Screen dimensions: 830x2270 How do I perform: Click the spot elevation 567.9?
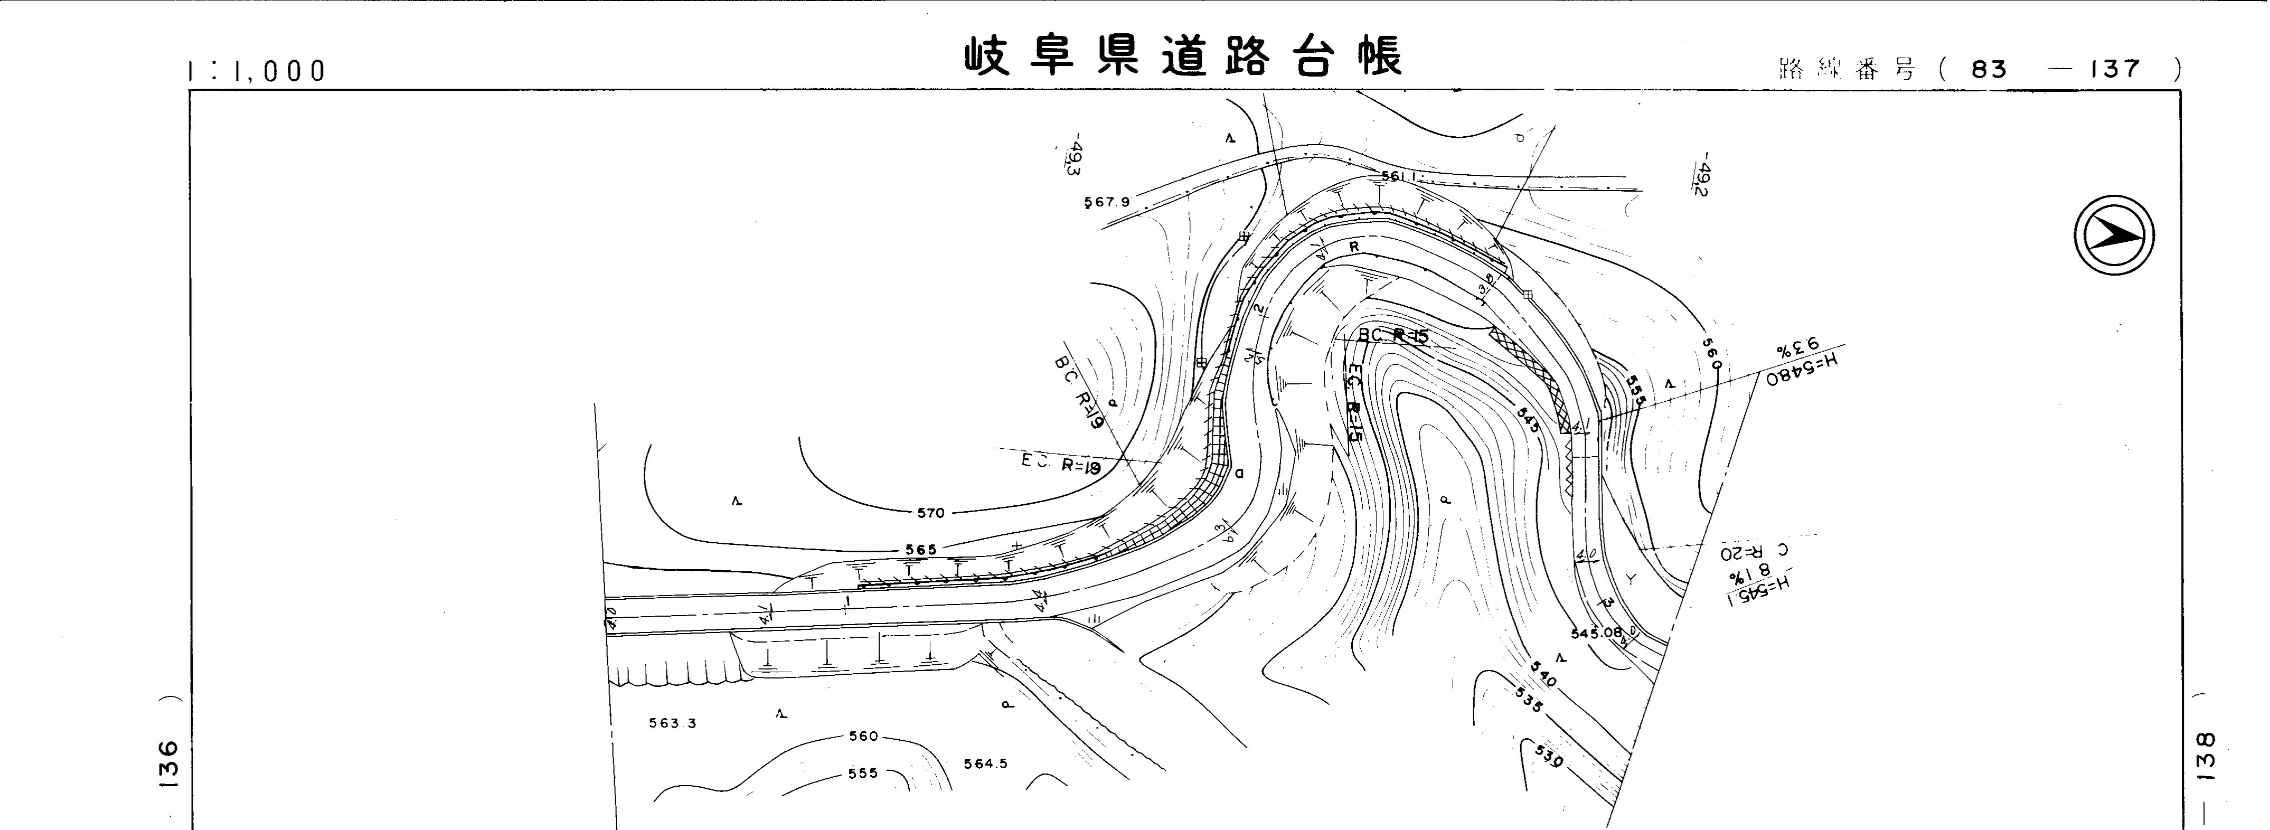pos(1107,202)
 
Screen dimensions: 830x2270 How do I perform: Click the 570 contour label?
pos(930,513)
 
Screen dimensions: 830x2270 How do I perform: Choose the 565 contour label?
pos(921,550)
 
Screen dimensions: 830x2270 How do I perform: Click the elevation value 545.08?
pos(1596,633)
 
